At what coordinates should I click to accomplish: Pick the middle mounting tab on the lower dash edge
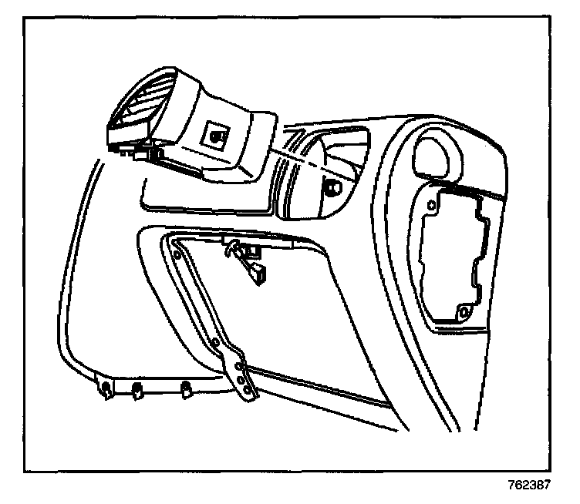coord(137,390)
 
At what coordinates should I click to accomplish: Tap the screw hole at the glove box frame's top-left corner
coord(177,252)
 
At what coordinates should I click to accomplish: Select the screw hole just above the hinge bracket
coord(223,343)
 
